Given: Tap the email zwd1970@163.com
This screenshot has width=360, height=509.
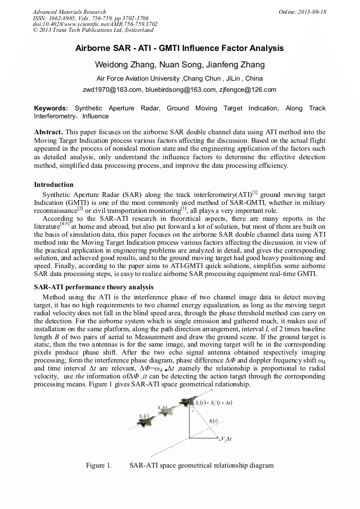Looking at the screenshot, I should [x=112, y=89].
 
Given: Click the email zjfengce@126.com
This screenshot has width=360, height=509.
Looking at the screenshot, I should [x=247, y=89].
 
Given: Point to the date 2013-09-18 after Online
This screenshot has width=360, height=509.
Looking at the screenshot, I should [x=312, y=12].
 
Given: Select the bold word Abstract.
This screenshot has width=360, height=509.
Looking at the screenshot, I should [x=49, y=131].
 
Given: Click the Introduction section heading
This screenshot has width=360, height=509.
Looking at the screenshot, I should [x=54, y=185].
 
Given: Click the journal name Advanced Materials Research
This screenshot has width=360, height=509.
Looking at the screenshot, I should [x=69, y=12].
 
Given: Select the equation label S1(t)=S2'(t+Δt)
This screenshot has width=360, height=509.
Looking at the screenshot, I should [x=213, y=403].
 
